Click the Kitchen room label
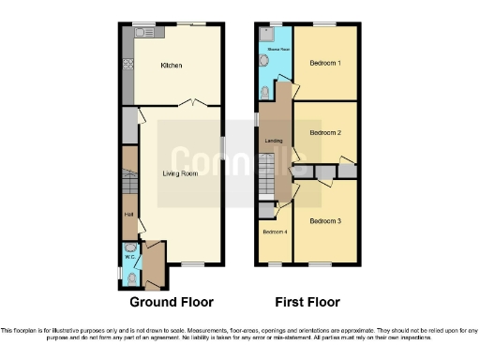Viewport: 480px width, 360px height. pos(171,66)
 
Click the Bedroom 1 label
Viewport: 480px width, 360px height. pos(324,63)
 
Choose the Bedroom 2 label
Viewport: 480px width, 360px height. pos(324,133)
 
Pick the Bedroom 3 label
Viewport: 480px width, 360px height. pos(324,221)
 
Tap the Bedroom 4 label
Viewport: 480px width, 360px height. pos(274,232)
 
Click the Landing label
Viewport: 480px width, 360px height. pos(274,142)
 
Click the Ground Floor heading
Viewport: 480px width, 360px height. pos(172,302)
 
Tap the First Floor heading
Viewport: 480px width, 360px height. pos(307,302)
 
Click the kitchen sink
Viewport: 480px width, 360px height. pos(145,32)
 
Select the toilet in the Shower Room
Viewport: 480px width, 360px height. pos(267,91)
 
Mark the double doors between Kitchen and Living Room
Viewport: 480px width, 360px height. pos(194,102)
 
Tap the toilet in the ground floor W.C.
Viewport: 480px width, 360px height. pos(130,278)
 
